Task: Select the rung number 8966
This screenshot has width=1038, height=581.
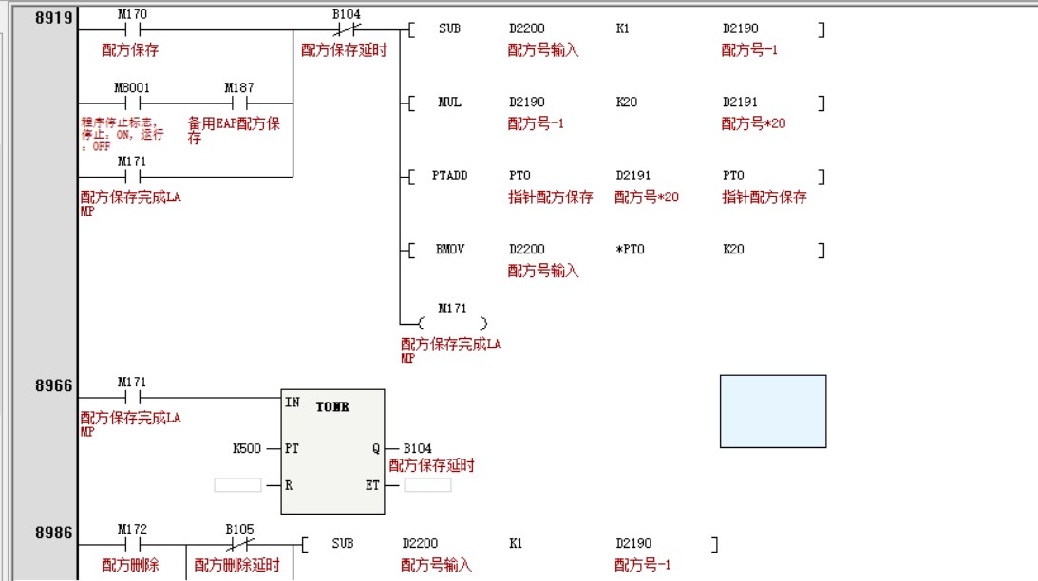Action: (x=54, y=385)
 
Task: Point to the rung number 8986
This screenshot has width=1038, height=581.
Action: (x=54, y=533)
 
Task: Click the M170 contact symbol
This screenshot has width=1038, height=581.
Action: (x=132, y=29)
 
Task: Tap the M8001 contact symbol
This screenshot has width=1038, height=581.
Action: (x=132, y=103)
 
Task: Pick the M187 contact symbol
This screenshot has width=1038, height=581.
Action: (x=239, y=103)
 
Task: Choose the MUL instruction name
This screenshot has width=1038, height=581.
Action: (x=449, y=103)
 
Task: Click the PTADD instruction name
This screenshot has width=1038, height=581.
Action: (x=449, y=176)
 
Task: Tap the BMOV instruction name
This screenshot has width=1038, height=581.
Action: (x=449, y=250)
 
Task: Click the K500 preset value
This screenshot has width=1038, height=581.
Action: (x=247, y=448)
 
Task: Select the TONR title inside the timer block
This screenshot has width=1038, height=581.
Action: (x=333, y=407)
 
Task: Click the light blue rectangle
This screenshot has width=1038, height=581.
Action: (x=772, y=411)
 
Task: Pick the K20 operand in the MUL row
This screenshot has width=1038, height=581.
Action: (x=626, y=103)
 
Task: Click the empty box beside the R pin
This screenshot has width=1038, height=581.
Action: (x=237, y=485)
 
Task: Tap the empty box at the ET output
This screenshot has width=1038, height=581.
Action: (x=427, y=485)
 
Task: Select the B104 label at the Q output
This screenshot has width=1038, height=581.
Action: (x=418, y=448)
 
